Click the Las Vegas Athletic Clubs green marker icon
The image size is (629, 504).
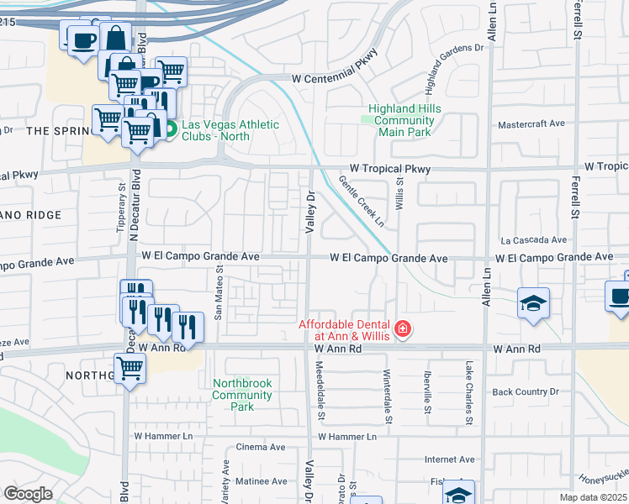[x=169, y=129]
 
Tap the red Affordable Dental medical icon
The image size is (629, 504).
[x=403, y=328]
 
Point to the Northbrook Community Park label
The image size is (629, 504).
[x=242, y=395]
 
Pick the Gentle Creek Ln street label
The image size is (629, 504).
[x=362, y=202]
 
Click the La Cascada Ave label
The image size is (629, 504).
[x=533, y=240]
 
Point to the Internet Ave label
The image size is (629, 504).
[x=450, y=459]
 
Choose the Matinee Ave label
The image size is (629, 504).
[x=260, y=481]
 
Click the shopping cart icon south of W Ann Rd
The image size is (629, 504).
[x=129, y=367]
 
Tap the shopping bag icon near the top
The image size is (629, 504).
[x=115, y=37]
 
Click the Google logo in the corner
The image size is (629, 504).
[x=28, y=494]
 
